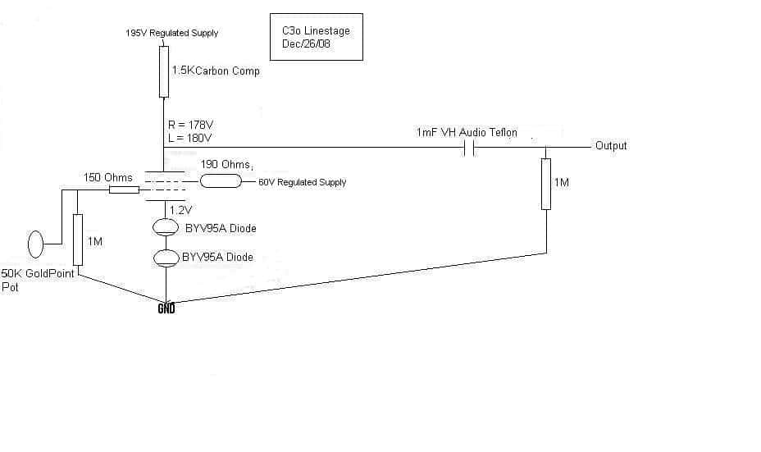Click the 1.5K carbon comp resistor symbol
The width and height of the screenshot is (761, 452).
pyautogui.click(x=164, y=72)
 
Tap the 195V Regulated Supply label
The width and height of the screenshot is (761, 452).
pyautogui.click(x=172, y=33)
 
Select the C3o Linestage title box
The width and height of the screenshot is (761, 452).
pyautogui.click(x=317, y=37)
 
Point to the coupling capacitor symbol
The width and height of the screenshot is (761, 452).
pyautogui.click(x=469, y=148)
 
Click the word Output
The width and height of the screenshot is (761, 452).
pyautogui.click(x=611, y=146)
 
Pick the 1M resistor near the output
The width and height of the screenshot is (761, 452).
pyautogui.click(x=546, y=184)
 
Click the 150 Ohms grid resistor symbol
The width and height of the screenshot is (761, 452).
pyautogui.click(x=125, y=189)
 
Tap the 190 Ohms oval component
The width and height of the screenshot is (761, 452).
pyautogui.click(x=221, y=181)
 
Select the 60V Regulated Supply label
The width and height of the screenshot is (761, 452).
pyautogui.click(x=303, y=182)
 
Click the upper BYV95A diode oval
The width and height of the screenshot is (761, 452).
pyautogui.click(x=166, y=227)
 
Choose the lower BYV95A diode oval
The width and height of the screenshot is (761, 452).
pyautogui.click(x=166, y=258)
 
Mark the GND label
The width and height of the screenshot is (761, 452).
pyautogui.click(x=166, y=308)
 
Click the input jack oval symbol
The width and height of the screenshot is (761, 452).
pyautogui.click(x=35, y=244)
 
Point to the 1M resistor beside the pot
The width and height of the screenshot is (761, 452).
pyautogui.click(x=78, y=240)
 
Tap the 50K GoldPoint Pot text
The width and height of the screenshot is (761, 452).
pyautogui.click(x=38, y=280)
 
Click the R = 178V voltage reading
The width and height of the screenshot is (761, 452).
pyautogui.click(x=191, y=126)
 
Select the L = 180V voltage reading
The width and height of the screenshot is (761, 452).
pyautogui.click(x=189, y=139)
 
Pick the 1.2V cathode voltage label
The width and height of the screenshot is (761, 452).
pyautogui.click(x=181, y=210)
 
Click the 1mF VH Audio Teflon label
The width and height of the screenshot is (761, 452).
pyautogui.click(x=467, y=133)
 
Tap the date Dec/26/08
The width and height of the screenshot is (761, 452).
pyautogui.click(x=306, y=43)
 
